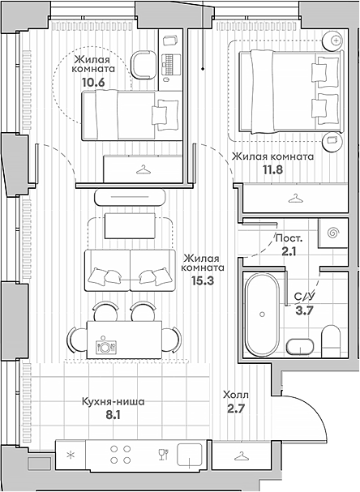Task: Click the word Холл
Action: coord(235,395)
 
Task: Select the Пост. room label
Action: coord(289,239)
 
